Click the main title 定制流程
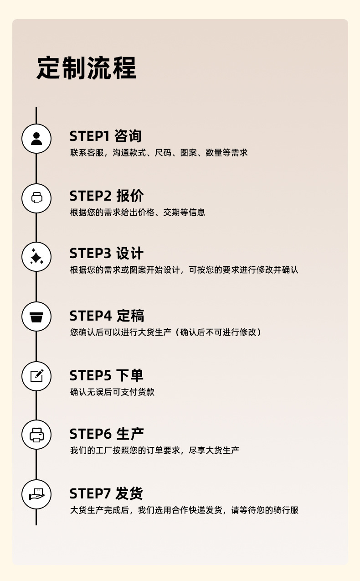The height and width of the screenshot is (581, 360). pyautogui.click(x=87, y=68)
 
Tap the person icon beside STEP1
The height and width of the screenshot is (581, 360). pyautogui.click(x=36, y=138)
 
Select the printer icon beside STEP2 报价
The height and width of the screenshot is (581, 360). pyautogui.click(x=36, y=197)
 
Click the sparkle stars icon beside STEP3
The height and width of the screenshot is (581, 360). pyautogui.click(x=36, y=256)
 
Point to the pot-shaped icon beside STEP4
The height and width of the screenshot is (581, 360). pyautogui.click(x=36, y=316)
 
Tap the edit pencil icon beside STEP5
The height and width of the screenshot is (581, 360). pyautogui.click(x=36, y=376)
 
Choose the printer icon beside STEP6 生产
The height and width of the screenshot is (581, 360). pyautogui.click(x=36, y=435)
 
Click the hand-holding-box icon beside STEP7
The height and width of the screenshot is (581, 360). pyautogui.click(x=36, y=494)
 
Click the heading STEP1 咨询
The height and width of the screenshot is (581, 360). pyautogui.click(x=106, y=136)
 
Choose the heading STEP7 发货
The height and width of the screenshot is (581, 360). pyautogui.click(x=106, y=493)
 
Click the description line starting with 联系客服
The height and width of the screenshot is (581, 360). pyautogui.click(x=159, y=153)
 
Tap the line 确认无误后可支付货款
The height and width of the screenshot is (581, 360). pyautogui.click(x=112, y=392)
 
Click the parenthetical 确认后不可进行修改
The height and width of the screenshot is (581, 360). pyautogui.click(x=221, y=332)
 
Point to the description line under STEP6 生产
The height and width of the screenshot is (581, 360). pyautogui.click(x=154, y=450)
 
